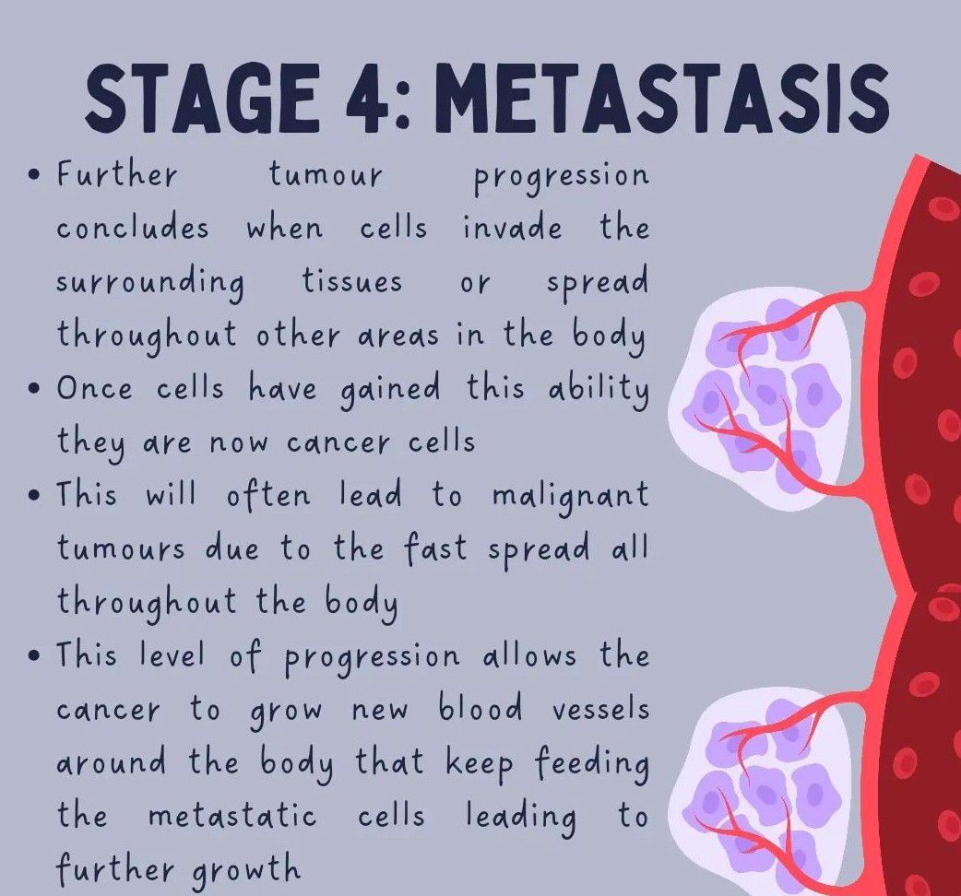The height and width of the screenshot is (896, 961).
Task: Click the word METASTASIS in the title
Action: pos(664,97)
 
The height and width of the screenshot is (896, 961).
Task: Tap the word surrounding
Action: pos(150,283)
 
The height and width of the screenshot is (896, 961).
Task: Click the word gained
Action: pos(390,390)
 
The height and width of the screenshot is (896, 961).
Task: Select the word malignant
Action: pos(571,496)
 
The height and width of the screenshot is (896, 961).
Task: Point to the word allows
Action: pos(529,654)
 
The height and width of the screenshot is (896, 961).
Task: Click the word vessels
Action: pos(600,710)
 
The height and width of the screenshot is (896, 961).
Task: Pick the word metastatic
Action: pos(233,816)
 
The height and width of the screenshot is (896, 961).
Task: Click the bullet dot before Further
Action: pos(36,174)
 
